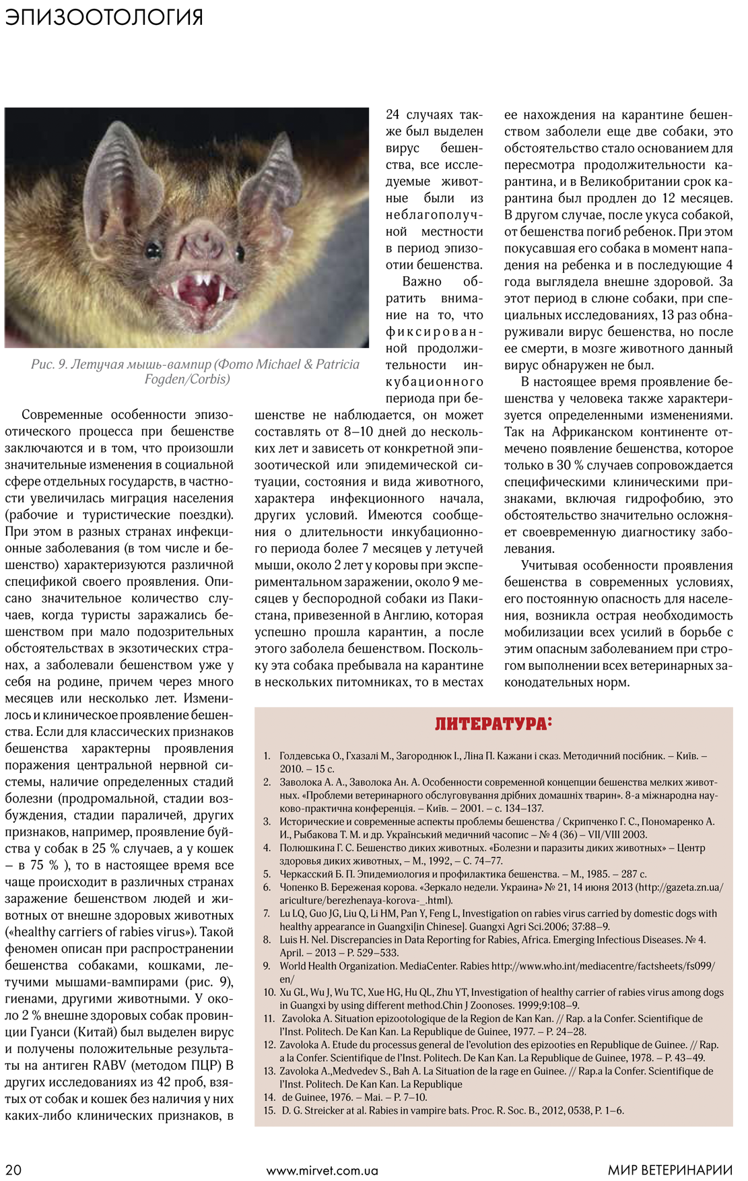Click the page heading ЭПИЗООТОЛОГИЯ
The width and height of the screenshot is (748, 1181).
[x=104, y=17]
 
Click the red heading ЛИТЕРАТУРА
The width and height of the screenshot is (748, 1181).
[x=493, y=724]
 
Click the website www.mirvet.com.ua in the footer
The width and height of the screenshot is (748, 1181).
[x=322, y=1170]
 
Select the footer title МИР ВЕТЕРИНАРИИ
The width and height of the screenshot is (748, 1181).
[x=670, y=1170]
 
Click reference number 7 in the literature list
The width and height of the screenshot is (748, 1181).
[x=267, y=914]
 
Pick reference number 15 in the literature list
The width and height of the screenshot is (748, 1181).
[x=269, y=1110]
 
